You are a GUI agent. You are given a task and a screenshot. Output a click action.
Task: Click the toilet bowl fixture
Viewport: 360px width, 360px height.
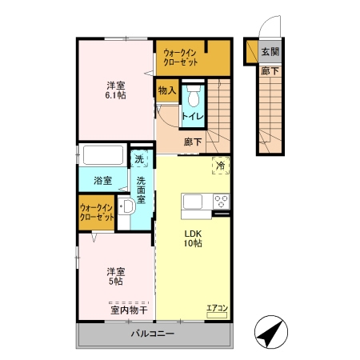[194, 96]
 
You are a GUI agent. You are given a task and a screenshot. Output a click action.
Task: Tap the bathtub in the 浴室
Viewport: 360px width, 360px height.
[103, 155]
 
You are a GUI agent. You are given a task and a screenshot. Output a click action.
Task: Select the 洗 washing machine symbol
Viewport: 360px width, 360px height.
[139, 159]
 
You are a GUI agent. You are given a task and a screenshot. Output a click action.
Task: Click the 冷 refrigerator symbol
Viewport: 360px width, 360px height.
[221, 166]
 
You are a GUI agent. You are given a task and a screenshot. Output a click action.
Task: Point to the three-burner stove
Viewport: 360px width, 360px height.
[222, 202]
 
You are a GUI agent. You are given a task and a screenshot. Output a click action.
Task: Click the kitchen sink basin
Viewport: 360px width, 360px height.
[192, 202]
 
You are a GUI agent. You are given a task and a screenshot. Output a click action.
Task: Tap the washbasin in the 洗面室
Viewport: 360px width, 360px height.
[127, 207]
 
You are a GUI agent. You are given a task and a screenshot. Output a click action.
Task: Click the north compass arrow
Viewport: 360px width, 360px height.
[270, 332]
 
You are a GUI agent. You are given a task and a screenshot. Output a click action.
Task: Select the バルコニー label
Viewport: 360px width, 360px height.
[153, 334]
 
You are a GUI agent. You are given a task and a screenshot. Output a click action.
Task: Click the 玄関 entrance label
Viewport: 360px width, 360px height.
[270, 52]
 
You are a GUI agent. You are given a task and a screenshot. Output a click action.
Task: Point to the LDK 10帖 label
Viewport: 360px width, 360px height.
[193, 238]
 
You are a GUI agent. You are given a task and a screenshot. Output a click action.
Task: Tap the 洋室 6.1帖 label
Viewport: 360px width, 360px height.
[116, 90]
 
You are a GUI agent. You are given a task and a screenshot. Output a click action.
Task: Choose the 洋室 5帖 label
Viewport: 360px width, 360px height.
[116, 277]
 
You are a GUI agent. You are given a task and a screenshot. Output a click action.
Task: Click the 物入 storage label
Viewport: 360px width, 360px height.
[167, 90]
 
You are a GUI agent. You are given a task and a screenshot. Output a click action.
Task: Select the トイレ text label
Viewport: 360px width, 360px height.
[193, 117]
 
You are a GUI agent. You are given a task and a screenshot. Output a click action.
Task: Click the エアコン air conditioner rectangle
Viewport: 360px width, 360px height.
[217, 315]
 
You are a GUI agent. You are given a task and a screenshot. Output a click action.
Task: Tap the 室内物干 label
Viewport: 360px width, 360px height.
[129, 310]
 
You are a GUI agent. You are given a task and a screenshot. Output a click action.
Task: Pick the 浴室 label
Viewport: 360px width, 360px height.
[102, 181]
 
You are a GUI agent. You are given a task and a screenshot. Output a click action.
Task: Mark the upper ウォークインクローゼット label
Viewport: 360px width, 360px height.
[181, 57]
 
